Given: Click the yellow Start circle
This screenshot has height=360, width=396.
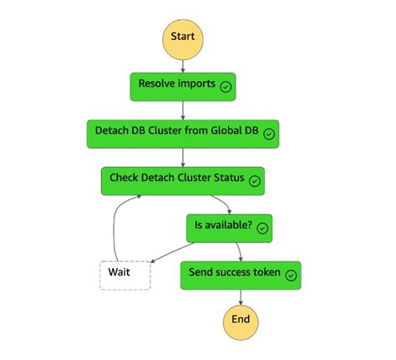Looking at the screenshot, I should tap(183, 37).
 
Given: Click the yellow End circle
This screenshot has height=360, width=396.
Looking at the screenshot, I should tap(241, 320).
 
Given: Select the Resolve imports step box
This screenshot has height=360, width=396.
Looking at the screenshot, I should tap(183, 85).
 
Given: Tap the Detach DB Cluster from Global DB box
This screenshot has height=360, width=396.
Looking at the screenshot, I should tap(183, 133).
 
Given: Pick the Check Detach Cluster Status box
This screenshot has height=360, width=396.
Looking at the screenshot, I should tap(183, 180).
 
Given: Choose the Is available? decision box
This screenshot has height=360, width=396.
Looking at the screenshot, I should tap(229, 227).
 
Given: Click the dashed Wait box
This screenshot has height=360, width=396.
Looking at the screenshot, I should tap(124, 274).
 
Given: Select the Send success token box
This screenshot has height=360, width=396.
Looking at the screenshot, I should tap(241, 274).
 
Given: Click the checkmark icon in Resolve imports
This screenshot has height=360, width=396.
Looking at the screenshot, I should tap(226, 86).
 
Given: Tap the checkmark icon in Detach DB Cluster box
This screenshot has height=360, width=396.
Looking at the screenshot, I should tap(270, 134).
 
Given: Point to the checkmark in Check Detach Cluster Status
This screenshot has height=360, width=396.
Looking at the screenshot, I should tap(255, 180).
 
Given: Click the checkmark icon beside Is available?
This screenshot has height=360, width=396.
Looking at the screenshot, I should tap(262, 228).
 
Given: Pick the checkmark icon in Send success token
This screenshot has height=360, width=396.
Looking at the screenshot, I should tap(292, 275).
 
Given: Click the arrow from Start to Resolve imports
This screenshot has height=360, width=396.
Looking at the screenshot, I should tap(183, 63).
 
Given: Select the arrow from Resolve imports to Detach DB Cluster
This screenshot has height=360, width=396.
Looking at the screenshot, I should tap(183, 109).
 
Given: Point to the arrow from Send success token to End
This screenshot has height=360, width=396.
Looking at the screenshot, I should tap(241, 296).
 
